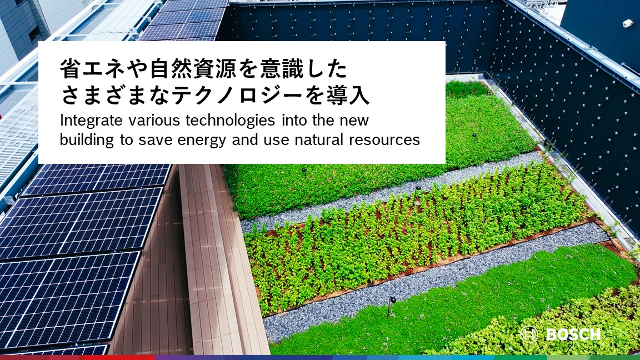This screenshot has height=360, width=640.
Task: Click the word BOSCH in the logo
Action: (x=573, y=334)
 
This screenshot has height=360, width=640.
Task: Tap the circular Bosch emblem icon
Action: (x=528, y=334)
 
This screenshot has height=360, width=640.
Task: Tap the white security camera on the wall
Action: (x=628, y=23)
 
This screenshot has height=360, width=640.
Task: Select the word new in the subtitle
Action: (x=353, y=121)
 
